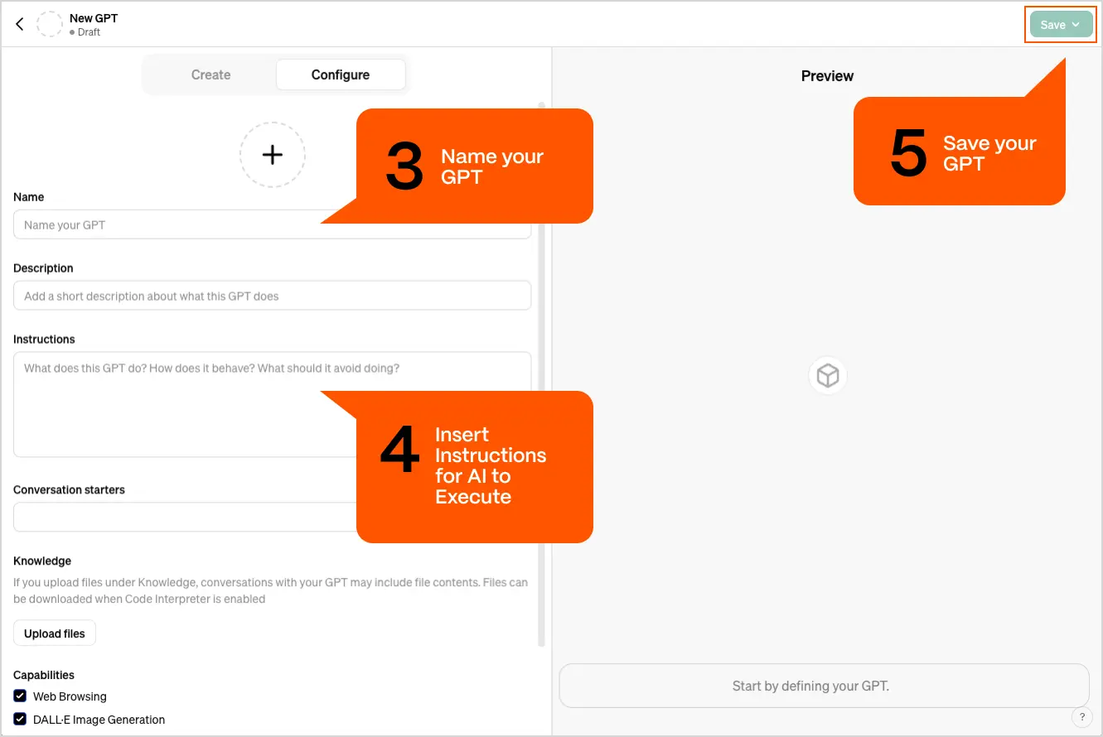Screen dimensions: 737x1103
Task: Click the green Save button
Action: [1060, 25]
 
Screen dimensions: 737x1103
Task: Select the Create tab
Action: [210, 75]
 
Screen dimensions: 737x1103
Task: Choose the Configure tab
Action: [341, 75]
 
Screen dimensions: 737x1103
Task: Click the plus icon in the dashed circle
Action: [273, 155]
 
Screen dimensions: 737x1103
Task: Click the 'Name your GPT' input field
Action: [166, 225]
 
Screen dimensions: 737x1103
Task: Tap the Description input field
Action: [272, 296]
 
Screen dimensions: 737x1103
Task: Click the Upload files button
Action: [55, 633]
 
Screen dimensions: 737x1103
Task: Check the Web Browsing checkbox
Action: [20, 696]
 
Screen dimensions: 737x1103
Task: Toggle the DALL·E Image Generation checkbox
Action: [20, 720]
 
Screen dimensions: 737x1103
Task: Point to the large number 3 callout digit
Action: [404, 166]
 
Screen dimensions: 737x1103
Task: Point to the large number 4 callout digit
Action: [399, 451]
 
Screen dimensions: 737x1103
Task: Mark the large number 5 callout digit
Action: [908, 154]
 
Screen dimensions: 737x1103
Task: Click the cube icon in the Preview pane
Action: [828, 376]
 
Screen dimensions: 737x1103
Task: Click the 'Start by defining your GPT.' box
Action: [823, 686]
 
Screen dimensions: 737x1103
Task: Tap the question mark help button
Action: [1081, 717]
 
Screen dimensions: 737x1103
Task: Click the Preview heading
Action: [827, 76]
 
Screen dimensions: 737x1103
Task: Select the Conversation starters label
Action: [69, 489]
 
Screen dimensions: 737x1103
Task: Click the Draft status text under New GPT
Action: [88, 32]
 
